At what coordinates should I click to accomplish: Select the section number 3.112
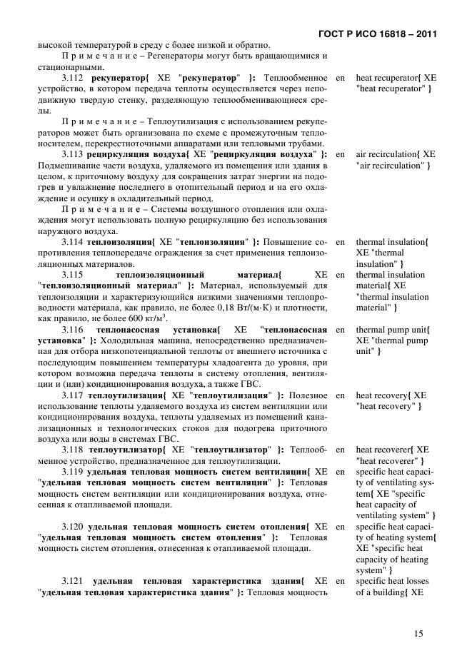click(x=73, y=76)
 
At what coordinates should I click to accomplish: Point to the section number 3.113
click(x=73, y=153)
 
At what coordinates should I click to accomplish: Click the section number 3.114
click(x=73, y=242)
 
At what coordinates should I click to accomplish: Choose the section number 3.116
click(x=73, y=330)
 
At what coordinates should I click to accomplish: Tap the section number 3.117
click(x=73, y=395)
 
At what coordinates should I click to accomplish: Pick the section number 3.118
click(x=73, y=450)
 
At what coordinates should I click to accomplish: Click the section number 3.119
click(x=73, y=472)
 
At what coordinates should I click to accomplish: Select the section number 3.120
click(x=73, y=527)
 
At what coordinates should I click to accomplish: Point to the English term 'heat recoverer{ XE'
click(x=392, y=450)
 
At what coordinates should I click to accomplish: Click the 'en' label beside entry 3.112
click(x=341, y=76)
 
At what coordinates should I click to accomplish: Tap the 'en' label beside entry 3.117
click(x=341, y=395)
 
